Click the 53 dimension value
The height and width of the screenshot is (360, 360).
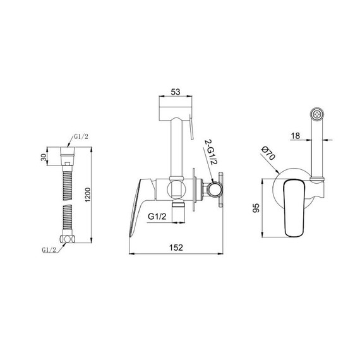pos(176,92)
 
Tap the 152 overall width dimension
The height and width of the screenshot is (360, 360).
pos(176,248)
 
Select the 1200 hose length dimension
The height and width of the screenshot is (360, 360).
pos(88,195)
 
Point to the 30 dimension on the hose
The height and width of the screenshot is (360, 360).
pos(44,157)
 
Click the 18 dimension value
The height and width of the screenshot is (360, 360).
pos(296,136)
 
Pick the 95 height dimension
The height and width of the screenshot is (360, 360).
pos(256,208)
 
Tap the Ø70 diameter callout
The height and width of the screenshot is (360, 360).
pos(268,153)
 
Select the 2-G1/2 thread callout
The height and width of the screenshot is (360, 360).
pos(211,152)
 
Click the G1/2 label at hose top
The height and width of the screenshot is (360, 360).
pos(81,137)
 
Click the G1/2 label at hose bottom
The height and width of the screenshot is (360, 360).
pos(49,250)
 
